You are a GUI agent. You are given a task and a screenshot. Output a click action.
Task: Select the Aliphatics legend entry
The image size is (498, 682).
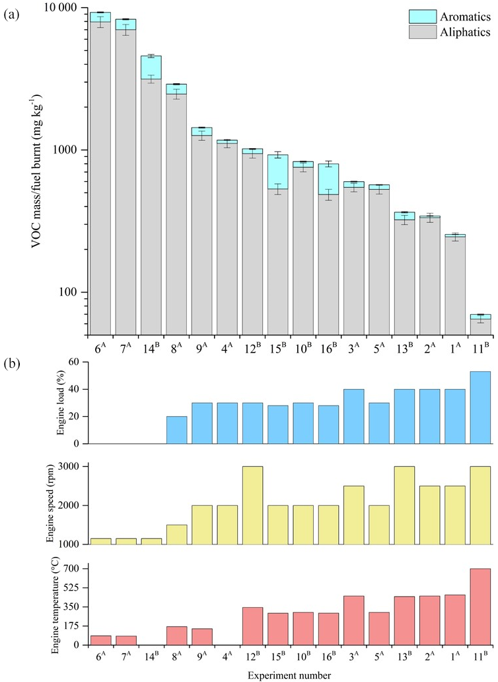tap(465, 31)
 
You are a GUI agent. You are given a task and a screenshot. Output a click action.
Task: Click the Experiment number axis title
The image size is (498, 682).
tap(291, 674)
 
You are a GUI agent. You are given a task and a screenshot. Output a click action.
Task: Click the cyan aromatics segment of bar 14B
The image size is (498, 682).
tap(151, 67)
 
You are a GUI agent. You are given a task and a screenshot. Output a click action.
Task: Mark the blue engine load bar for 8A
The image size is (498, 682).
tap(176, 430)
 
